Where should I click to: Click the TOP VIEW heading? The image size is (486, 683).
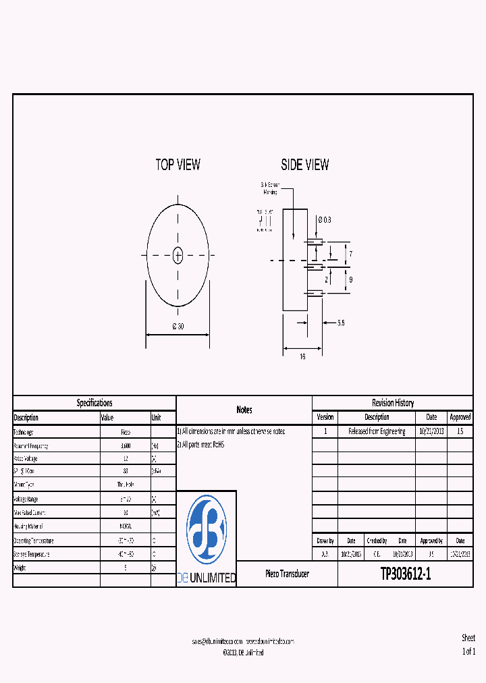178,165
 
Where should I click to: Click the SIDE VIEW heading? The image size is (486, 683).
305,165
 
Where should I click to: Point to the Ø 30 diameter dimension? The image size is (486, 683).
178,327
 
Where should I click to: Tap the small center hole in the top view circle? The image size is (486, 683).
178,255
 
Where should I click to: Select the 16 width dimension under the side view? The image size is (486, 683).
302,356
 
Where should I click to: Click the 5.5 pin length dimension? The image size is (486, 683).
341,323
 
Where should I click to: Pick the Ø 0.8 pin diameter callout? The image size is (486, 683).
324,219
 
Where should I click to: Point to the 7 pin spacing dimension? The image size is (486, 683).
351,254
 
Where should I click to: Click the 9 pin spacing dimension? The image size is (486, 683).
351,279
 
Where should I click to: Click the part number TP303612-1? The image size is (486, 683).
405,574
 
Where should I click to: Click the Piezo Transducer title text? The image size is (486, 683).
287,574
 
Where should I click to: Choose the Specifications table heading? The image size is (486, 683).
94,403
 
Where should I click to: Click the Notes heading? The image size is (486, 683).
244,410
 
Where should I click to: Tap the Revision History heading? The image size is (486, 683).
393,403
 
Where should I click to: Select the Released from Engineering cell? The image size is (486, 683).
377,431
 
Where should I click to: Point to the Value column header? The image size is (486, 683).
108,418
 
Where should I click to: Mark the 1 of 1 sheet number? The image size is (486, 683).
468,651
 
